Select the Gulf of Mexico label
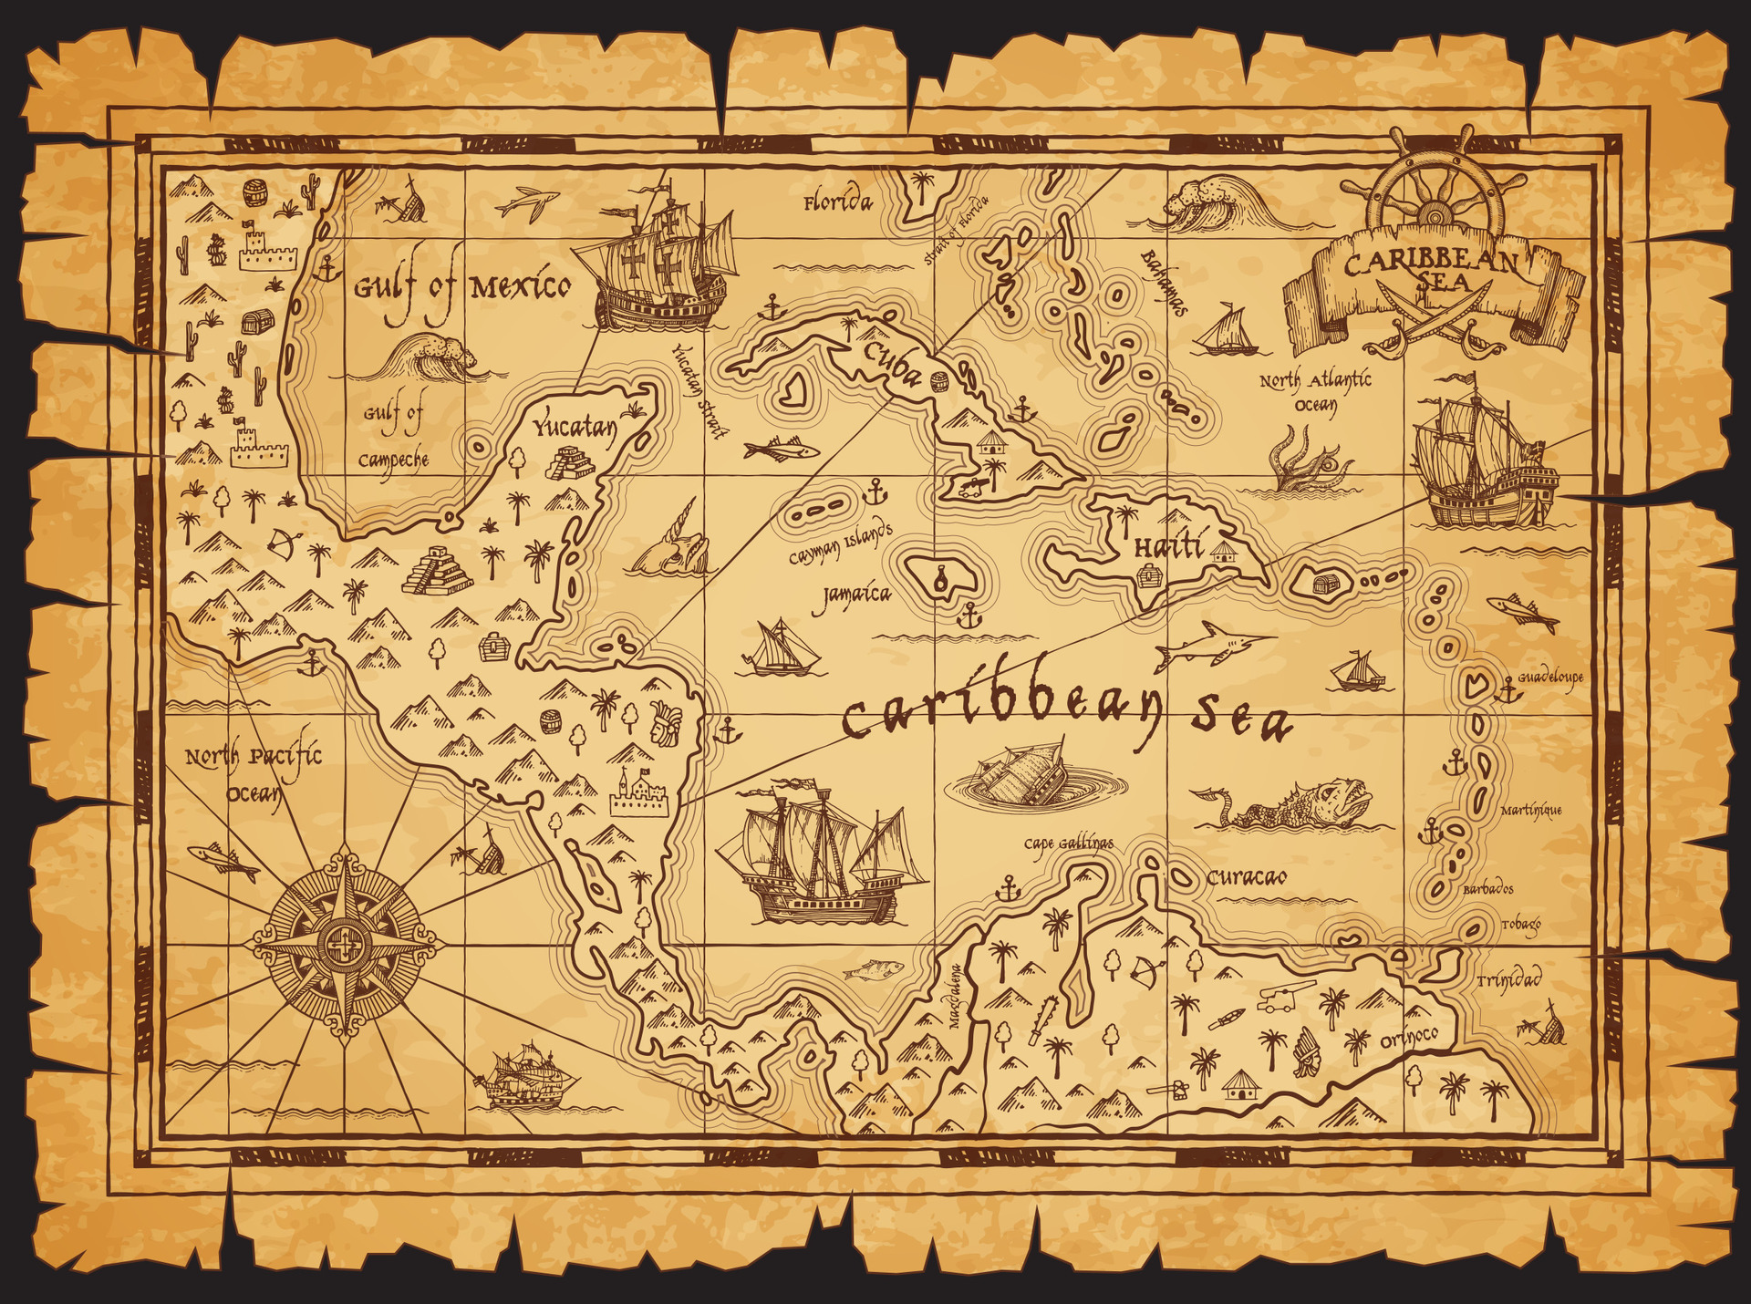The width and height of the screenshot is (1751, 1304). coord(461,289)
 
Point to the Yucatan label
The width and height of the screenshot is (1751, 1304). coord(575,427)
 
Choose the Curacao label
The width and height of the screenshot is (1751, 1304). coord(1247,877)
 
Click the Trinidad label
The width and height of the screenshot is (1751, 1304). coord(1508,980)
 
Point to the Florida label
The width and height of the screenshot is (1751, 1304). coord(837,202)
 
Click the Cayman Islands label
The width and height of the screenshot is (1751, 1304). coord(840,544)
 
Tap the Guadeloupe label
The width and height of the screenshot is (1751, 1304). coord(1549,678)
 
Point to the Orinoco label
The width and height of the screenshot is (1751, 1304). coord(1408,1036)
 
